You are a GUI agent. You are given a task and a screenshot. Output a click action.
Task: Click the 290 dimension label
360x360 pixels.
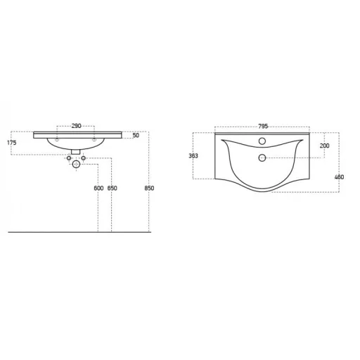click(76, 126)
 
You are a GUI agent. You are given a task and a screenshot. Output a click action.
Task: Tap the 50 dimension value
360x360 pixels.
click(136, 135)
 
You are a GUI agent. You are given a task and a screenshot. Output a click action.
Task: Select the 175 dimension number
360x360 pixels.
click(12, 143)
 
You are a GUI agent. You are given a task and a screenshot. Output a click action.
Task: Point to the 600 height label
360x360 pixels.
click(98, 188)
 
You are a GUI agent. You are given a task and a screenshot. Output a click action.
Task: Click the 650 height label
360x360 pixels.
click(112, 188)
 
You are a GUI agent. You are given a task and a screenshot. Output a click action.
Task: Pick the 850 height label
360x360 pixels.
click(149, 188)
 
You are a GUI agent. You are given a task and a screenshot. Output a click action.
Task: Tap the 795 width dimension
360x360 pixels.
click(263, 127)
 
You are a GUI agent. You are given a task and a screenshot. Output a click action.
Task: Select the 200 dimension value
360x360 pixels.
click(324, 146)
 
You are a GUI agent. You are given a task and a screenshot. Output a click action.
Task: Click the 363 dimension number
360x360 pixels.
click(193, 156)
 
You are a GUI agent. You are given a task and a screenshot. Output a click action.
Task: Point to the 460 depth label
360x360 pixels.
click(339, 177)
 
